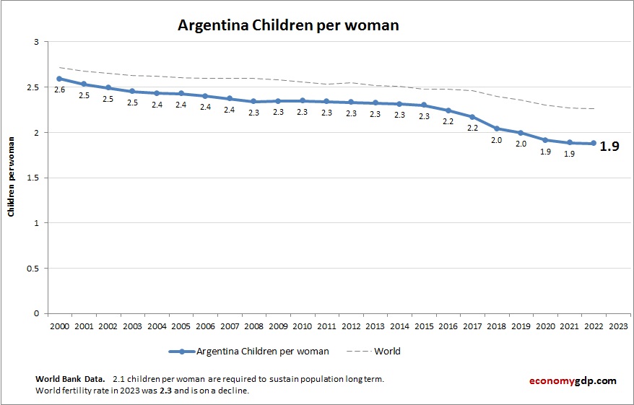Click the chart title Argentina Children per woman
point(288,25)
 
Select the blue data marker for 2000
point(59,79)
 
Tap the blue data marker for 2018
point(496,129)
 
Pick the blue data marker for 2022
point(594,143)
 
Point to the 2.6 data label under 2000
point(59,90)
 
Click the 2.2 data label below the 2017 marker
point(472,128)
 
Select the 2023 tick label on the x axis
point(618,326)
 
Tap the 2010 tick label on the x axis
point(302,326)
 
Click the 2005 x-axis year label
point(181,326)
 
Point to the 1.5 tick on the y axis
point(32,178)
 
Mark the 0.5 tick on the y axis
point(32,269)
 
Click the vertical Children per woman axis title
point(12,177)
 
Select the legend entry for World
point(387,352)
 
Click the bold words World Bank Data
point(70,379)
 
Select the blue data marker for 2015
point(423,105)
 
